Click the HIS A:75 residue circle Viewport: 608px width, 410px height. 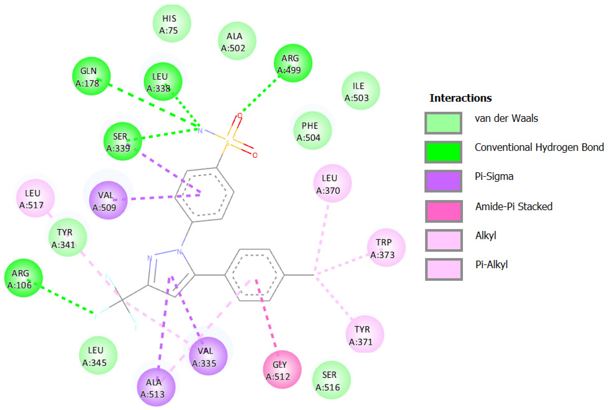click(x=172, y=23)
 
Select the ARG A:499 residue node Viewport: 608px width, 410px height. click(x=293, y=63)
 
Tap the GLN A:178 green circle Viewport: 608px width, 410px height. click(x=91, y=76)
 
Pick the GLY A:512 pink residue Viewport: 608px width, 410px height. click(x=282, y=369)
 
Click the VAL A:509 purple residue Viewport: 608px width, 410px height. click(x=108, y=200)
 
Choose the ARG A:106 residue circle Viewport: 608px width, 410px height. click(x=23, y=278)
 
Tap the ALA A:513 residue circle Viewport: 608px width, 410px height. click(x=156, y=387)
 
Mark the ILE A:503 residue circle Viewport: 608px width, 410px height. click(x=361, y=91)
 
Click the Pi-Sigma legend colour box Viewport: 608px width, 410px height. click(x=443, y=181)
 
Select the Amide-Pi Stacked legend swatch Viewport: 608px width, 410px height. click(x=444, y=211)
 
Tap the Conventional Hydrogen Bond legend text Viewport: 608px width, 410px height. click(x=539, y=148)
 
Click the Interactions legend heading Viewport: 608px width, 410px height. click(x=460, y=98)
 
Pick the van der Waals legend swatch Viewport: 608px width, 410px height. click(x=443, y=123)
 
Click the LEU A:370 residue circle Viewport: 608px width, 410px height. click(x=332, y=183)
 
